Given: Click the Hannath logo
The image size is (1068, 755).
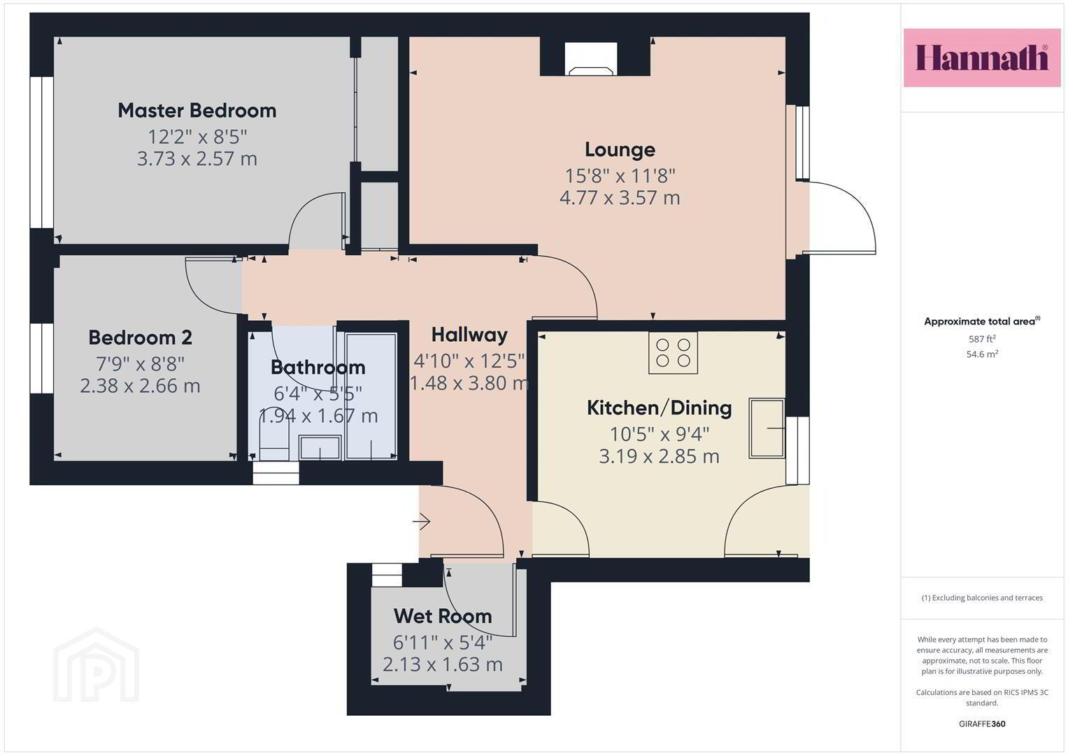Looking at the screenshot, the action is pos(982,57).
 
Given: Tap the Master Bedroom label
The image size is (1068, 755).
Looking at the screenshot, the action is pos(197,110).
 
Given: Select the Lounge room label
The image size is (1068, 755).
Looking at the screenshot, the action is pos(620,150).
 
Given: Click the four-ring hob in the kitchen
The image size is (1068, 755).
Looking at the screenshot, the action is pos(673,352).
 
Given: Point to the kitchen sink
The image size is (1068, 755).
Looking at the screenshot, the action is pos(767,428).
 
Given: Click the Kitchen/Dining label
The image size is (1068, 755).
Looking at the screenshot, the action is pos(659,408).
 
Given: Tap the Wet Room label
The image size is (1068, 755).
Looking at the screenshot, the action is pos(443,617).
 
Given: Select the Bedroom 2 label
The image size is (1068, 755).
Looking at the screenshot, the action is pos(140,338).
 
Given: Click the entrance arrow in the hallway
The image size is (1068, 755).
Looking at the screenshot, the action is pos(422,522).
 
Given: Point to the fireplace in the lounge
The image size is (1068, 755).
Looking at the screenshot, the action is pos(591,59).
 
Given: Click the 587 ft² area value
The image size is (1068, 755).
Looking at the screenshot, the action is pos(982,339).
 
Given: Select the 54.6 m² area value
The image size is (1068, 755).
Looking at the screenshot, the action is pos(982,354).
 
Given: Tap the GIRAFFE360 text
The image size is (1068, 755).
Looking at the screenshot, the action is pos(982,724).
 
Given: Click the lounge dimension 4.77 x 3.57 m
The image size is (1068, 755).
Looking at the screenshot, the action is pos(620,197).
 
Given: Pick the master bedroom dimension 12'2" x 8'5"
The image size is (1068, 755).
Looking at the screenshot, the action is pos(197,137).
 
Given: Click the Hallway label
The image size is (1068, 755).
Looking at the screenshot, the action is pos(469,335).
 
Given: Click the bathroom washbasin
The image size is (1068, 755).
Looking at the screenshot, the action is pos(320,447).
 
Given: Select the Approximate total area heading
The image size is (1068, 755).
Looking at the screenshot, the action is pos(982,321).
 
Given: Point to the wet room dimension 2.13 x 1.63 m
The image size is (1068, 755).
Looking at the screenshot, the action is pos(443,664).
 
